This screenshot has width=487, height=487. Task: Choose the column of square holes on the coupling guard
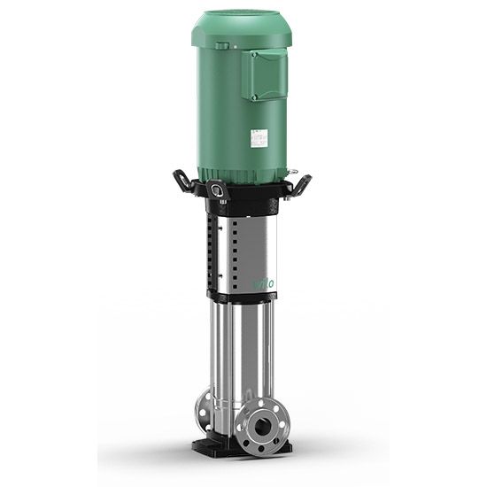pos(210,252)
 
